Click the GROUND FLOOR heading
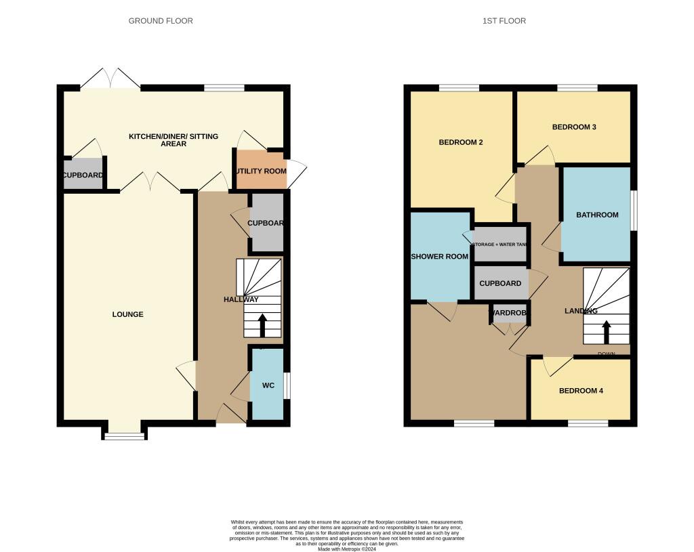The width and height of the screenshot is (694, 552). click(x=161, y=21)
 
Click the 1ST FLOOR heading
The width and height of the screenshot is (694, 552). click(x=504, y=21)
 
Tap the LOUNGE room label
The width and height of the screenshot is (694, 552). click(x=127, y=314)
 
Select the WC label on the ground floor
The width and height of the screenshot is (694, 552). click(x=268, y=385)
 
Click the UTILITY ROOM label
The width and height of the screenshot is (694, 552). click(x=261, y=171)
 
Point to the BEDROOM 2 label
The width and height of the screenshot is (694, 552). click(x=460, y=142)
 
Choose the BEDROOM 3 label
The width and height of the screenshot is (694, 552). click(x=573, y=127)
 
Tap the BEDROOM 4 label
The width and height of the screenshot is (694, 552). click(x=580, y=391)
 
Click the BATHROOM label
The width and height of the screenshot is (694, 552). click(x=597, y=215)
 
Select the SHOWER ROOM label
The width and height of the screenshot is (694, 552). click(x=440, y=257)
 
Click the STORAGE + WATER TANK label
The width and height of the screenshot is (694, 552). click(x=501, y=245)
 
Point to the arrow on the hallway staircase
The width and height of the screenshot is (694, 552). click(x=262, y=325)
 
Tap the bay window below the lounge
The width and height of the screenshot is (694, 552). click(x=125, y=436)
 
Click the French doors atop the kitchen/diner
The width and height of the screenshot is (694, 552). click(x=111, y=78)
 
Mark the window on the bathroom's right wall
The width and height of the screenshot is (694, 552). click(x=634, y=210)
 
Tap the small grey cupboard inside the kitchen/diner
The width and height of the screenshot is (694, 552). click(x=83, y=175)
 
